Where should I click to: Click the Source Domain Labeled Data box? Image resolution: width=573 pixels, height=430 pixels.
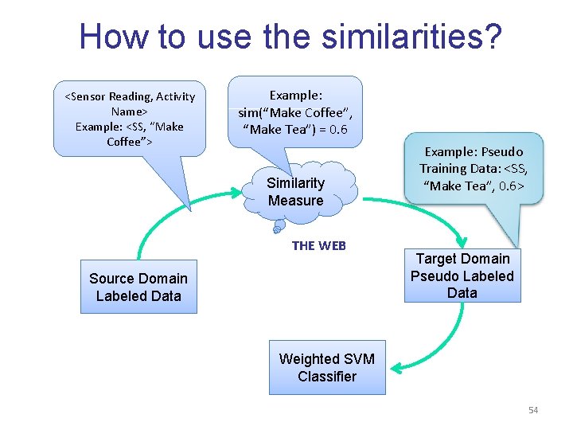tap(138, 287)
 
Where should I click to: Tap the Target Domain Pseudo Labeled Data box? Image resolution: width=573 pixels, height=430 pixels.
tap(462, 276)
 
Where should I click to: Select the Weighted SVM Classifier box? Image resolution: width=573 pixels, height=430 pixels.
tap(326, 367)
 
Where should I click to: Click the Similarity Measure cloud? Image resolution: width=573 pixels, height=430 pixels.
tap(295, 192)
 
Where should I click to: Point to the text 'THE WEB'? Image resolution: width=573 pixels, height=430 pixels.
tap(318, 245)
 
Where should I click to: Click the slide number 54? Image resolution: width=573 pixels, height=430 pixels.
tap(533, 410)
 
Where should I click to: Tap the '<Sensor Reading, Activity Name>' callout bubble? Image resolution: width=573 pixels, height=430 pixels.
tap(129, 119)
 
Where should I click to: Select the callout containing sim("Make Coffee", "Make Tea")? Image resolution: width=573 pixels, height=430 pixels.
tap(294, 112)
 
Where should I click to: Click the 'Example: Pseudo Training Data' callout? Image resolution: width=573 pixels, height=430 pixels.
tap(473, 169)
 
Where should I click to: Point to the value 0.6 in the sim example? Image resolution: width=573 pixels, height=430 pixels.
tap(337, 130)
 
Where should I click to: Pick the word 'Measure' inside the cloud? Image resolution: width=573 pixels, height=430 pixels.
tap(295, 201)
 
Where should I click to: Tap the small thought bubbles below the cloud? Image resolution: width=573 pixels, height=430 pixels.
tap(278, 228)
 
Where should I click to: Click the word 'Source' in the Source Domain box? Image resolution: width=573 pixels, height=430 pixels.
tap(111, 278)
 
